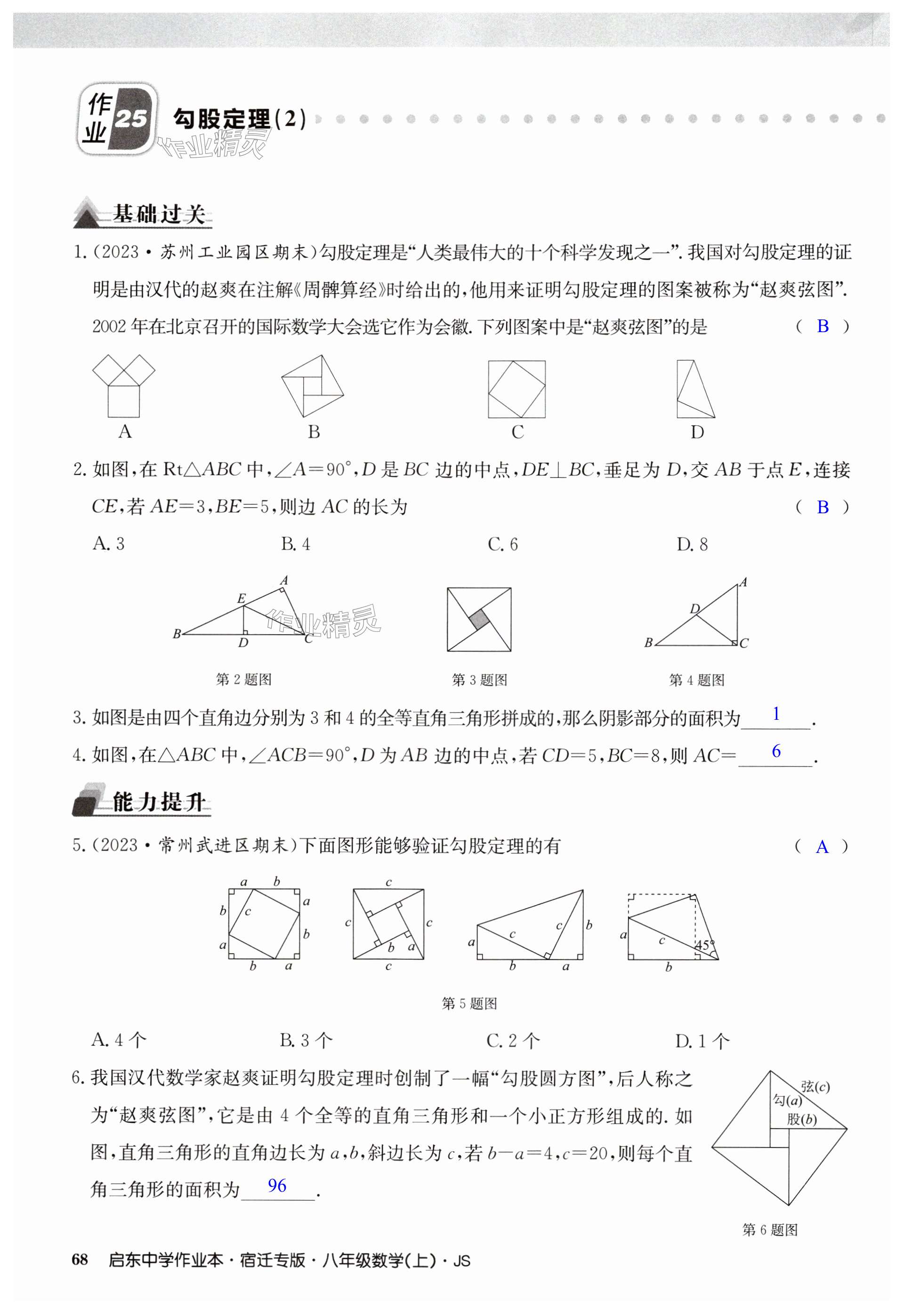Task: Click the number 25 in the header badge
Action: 131,119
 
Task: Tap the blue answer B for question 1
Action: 822,326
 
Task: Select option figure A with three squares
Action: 124,386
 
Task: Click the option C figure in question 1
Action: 516,389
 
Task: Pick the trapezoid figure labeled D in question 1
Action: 695,389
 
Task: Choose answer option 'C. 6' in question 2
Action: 502,544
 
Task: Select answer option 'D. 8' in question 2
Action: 692,544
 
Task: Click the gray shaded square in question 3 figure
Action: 479,619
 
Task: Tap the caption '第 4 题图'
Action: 696,680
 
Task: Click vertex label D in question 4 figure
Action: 695,608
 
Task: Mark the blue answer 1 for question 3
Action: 776,714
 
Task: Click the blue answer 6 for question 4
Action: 776,751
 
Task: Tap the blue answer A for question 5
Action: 822,847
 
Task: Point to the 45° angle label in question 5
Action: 704,945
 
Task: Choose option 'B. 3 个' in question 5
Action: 306,1040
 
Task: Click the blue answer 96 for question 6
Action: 277,1186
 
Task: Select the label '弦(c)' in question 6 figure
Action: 815,1086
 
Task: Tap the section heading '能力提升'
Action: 160,802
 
